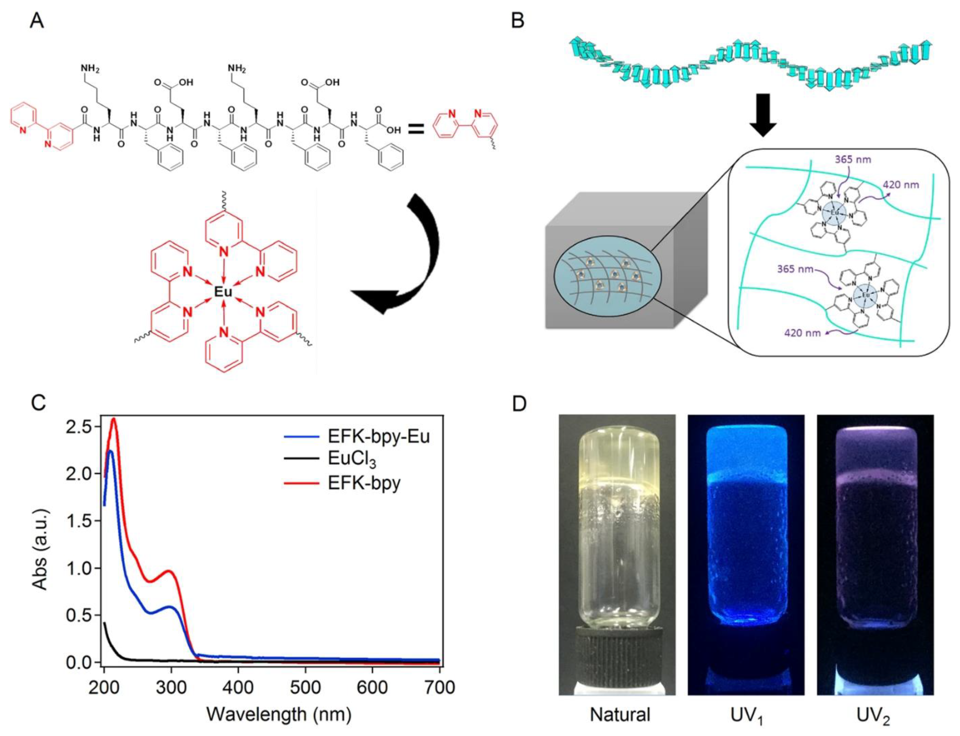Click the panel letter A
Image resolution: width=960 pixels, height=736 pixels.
tap(36, 20)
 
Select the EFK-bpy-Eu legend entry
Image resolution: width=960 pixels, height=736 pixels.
tap(378, 436)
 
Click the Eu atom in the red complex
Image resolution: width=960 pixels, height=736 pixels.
tap(223, 291)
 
